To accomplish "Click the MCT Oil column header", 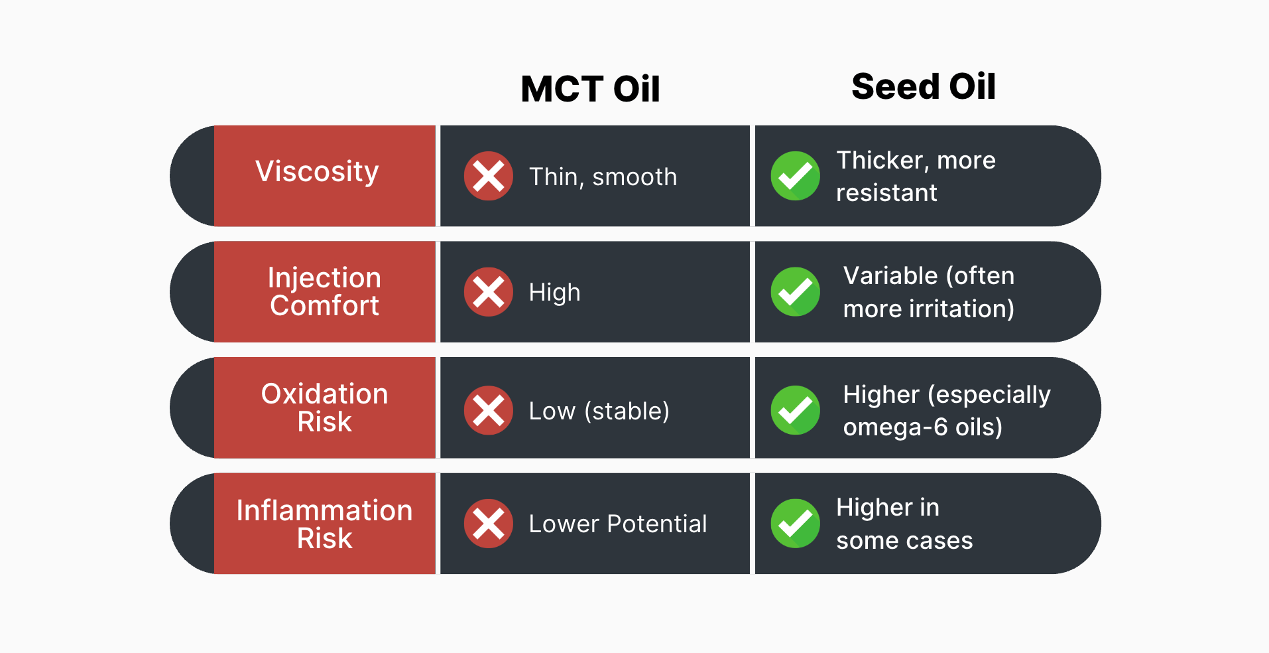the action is [590, 89].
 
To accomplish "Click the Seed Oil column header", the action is [924, 86].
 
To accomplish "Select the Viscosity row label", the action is [317, 172].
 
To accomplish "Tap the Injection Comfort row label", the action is [324, 292].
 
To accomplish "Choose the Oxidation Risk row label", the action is [324, 407].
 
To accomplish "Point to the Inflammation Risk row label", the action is [324, 524].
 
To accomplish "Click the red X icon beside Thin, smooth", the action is [489, 176].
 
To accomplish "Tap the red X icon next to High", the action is [489, 292].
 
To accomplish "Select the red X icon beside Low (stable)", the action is [489, 410].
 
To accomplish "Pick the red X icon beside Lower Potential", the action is [489, 524].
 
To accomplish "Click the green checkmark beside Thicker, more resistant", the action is [796, 176].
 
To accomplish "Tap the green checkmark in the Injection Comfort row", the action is [796, 292].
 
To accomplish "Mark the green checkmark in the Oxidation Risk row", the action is [796, 410].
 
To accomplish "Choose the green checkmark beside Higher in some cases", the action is [796, 524].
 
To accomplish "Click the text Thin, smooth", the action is [603, 177].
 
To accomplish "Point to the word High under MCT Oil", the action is [554, 293].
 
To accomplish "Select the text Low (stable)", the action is [599, 411].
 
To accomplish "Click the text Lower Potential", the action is [618, 524].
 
